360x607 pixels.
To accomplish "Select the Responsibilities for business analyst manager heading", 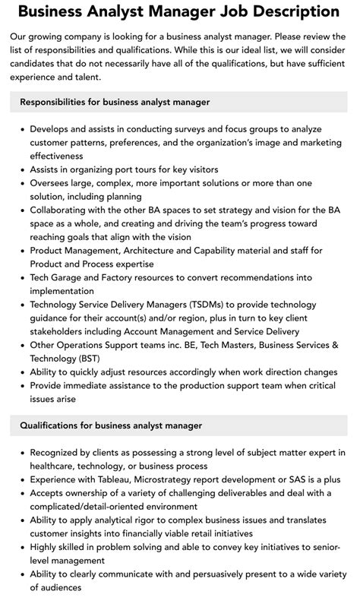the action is click(115, 101).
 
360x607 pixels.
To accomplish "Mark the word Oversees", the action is click(54, 183).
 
